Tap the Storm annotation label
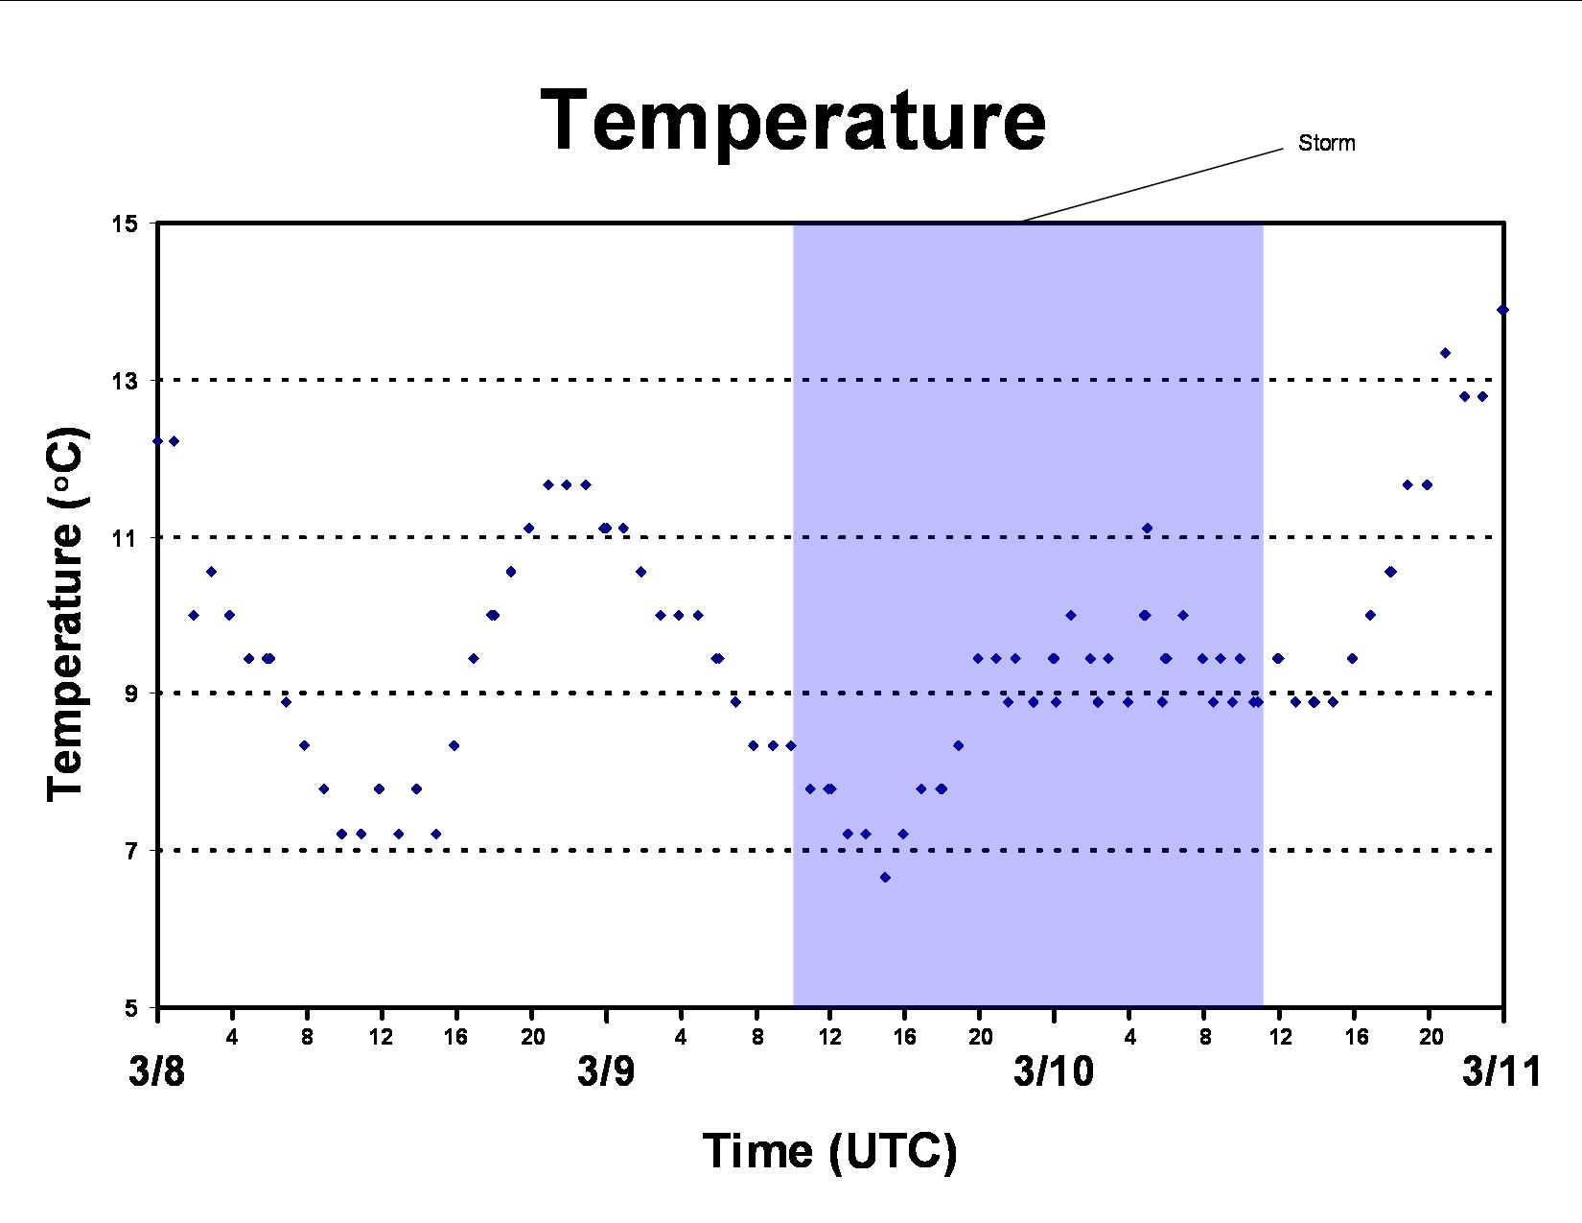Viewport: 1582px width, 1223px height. [x=1326, y=143]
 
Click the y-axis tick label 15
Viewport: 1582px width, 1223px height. [x=125, y=223]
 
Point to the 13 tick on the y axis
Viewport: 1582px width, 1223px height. [x=125, y=380]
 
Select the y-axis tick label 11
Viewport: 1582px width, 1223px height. [x=125, y=537]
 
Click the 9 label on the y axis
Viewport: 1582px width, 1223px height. [x=131, y=694]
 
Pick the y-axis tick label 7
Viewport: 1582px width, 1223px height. [x=131, y=850]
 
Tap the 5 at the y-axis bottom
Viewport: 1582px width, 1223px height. [x=131, y=1008]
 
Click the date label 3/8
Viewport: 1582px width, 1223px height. [x=157, y=1071]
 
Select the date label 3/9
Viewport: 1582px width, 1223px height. [x=606, y=1071]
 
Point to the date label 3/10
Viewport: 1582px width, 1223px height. [x=1054, y=1071]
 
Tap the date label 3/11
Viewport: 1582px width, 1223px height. [x=1501, y=1071]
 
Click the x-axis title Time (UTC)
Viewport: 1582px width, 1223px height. [x=829, y=1152]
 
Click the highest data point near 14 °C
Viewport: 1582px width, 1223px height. [x=1502, y=310]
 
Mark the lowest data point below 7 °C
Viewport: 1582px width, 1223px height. [x=885, y=877]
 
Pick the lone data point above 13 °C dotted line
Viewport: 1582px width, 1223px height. [x=1446, y=353]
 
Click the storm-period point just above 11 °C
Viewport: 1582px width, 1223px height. [x=1148, y=529]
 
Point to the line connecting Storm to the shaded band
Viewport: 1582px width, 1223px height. [x=1152, y=185]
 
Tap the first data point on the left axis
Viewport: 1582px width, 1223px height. [x=158, y=441]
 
